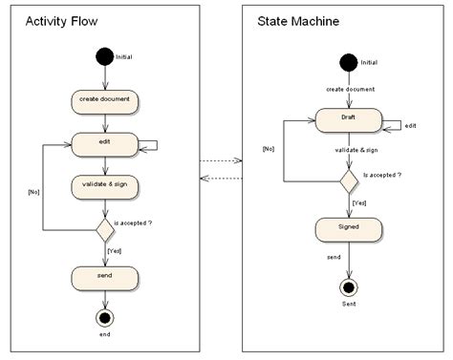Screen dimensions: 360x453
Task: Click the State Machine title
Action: pyautogui.click(x=298, y=21)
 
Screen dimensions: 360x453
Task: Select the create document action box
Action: pyautogui.click(x=106, y=100)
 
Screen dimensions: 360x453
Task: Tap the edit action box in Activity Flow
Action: pyautogui.click(x=106, y=142)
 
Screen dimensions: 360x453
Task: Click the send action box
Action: pyautogui.click(x=106, y=278)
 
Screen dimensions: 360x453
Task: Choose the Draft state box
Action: pyautogui.click(x=348, y=119)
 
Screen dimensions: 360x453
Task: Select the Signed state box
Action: pyautogui.click(x=348, y=229)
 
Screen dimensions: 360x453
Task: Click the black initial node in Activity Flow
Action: pyautogui.click(x=105, y=57)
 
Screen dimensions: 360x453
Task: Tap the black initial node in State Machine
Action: pyautogui.click(x=349, y=62)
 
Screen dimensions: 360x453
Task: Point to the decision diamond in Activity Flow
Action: pyautogui.click(x=106, y=230)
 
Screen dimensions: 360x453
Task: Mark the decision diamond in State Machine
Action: pyautogui.click(x=348, y=178)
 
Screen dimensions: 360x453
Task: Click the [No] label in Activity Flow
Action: pyautogui.click(x=34, y=193)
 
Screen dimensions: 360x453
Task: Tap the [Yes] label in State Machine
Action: pyautogui.click(x=360, y=203)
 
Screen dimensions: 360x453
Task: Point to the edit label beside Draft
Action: pyautogui.click(x=410, y=126)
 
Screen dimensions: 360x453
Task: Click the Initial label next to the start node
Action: pyautogui.click(x=125, y=57)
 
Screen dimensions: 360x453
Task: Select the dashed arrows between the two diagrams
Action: pyautogui.click(x=221, y=169)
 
